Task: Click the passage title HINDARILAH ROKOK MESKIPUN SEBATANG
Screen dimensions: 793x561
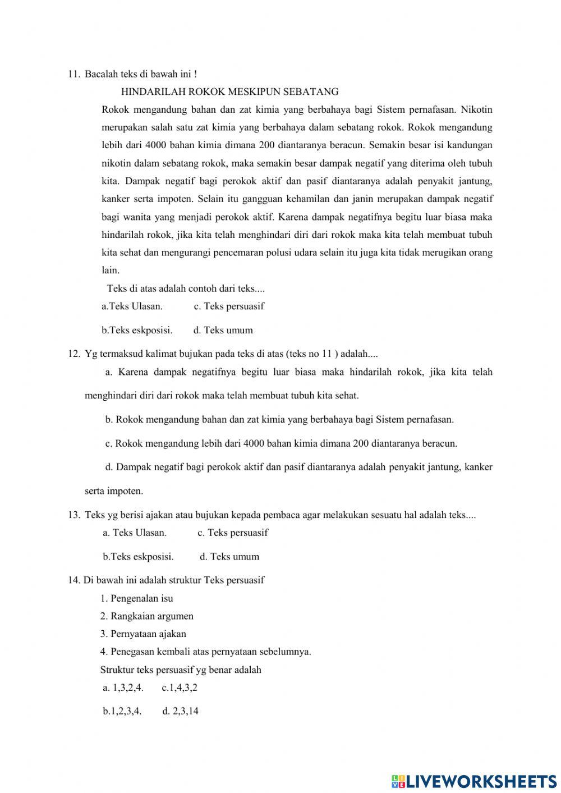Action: [229, 91]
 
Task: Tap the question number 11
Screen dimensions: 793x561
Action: [73, 74]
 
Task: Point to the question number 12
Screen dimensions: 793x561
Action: [73, 354]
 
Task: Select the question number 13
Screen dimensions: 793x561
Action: [73, 515]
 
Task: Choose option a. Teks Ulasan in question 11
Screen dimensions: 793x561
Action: [132, 306]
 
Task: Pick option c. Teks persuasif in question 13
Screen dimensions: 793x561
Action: [232, 533]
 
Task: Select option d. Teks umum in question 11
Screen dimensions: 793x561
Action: [223, 330]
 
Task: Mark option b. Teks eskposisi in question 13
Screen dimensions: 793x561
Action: [138, 557]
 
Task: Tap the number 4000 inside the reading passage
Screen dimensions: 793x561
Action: [155, 145]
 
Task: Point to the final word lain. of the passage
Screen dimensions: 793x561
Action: [110, 271]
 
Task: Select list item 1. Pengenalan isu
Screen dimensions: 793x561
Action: [136, 598]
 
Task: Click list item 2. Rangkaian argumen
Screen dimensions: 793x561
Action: [146, 616]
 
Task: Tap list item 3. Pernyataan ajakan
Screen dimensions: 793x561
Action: [143, 634]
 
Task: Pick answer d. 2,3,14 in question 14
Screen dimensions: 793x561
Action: [180, 711]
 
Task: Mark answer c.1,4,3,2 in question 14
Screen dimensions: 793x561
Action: [180, 687]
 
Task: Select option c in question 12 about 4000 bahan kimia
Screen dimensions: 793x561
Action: [281, 443]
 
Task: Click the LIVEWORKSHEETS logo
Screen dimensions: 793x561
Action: [473, 781]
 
